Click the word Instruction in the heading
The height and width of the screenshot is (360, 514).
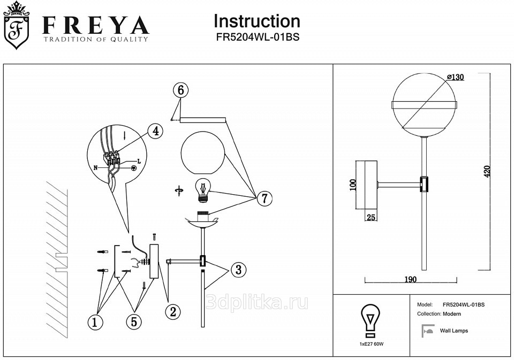click(256, 21)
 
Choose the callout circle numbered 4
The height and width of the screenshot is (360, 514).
click(155, 131)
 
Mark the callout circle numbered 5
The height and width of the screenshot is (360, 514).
click(134, 321)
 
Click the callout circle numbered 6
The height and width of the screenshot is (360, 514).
click(181, 90)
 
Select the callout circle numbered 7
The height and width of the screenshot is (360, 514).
click(263, 198)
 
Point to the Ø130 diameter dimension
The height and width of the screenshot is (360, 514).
click(455, 77)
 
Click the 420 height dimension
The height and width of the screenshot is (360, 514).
click(487, 172)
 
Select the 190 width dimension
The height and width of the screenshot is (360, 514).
click(410, 279)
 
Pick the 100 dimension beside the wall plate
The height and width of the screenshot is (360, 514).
click(352, 185)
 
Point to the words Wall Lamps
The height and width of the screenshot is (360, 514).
click(453, 331)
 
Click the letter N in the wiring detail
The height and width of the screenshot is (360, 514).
click(96, 167)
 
